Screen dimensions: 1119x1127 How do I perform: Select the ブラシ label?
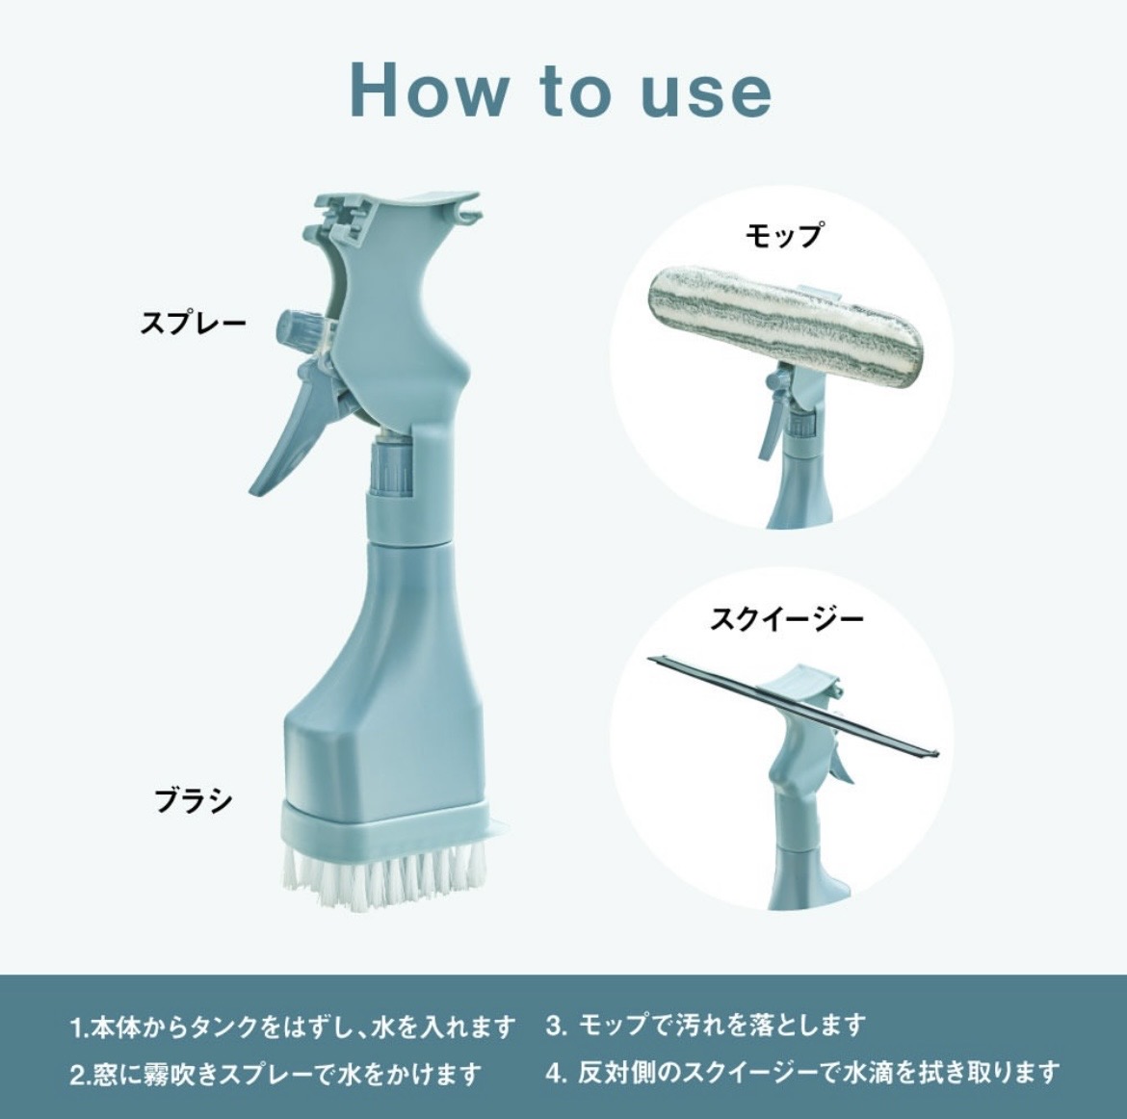194,799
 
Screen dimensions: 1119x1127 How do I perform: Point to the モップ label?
784,236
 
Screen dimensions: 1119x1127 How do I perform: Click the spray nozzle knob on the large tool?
293,332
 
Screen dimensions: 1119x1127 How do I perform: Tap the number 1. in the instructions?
78,1028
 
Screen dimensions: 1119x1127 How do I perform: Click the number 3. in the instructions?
556,1026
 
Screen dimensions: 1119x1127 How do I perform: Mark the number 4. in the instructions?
556,1072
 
